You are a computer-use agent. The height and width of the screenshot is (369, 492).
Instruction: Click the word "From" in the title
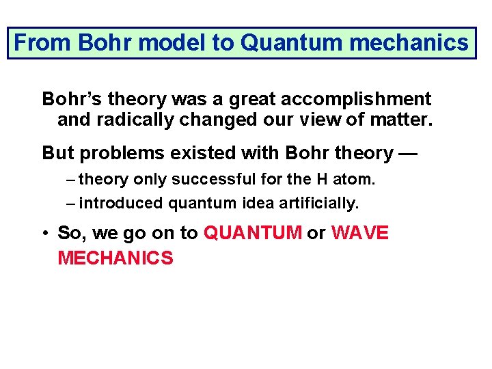43,43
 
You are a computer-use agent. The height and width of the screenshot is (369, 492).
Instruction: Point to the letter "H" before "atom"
323,180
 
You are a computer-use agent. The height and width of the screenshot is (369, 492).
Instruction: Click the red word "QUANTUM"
253,234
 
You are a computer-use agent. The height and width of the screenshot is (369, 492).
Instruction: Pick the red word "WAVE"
359,234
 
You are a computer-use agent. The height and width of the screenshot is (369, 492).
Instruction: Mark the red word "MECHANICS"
115,258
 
